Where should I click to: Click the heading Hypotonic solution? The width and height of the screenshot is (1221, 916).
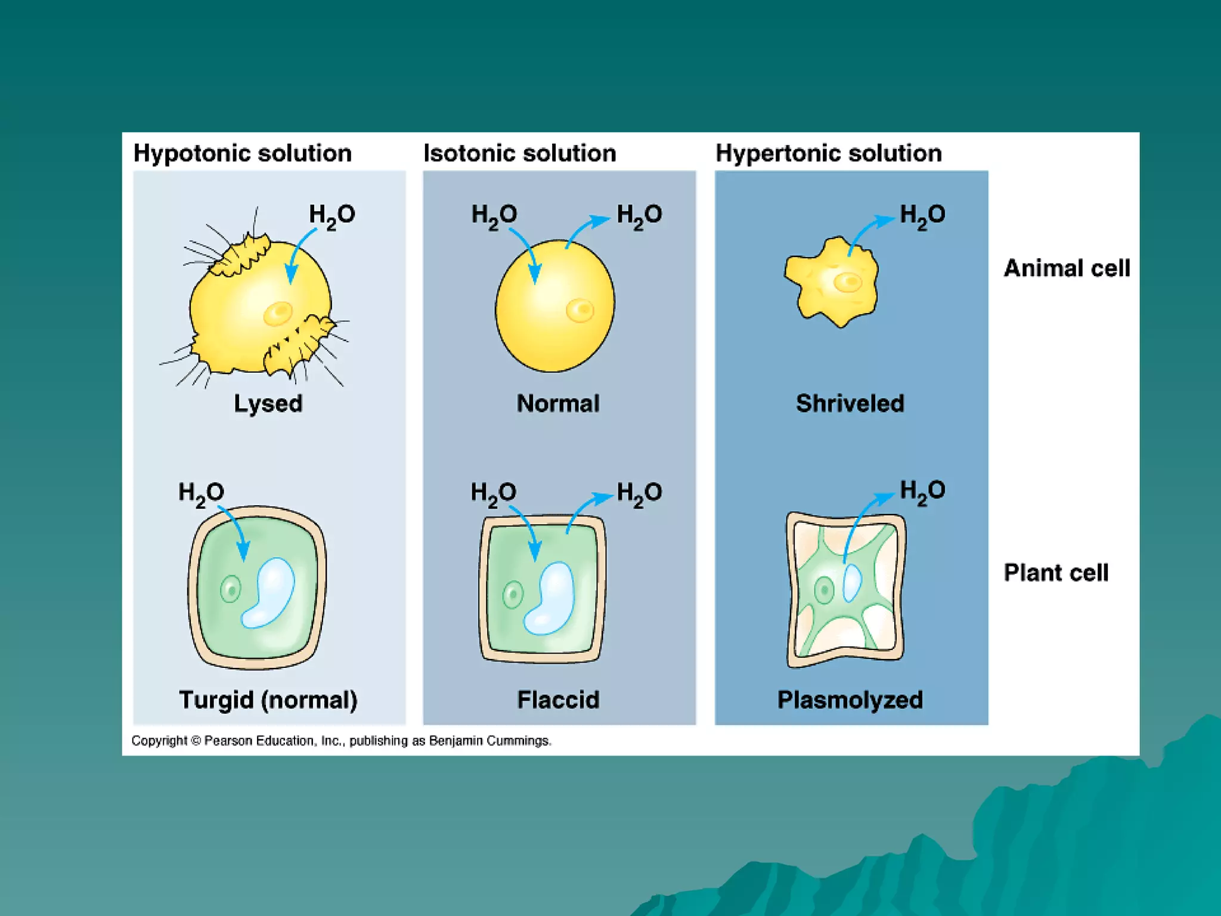(x=242, y=153)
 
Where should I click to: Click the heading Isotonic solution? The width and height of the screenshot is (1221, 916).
(x=519, y=153)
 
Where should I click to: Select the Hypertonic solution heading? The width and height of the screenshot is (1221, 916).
(x=828, y=153)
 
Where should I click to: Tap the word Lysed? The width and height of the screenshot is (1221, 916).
(x=268, y=404)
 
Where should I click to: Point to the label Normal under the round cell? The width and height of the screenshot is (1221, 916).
(x=557, y=404)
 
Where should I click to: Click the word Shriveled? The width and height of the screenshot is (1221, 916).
(x=850, y=404)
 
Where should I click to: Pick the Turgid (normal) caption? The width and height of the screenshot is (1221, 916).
(x=268, y=700)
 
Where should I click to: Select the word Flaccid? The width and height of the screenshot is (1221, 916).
(x=557, y=700)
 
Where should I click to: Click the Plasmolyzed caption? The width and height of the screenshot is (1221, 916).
(x=850, y=700)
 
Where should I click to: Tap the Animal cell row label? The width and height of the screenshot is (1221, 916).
(x=1067, y=268)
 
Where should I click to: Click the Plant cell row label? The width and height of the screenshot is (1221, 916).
(x=1056, y=572)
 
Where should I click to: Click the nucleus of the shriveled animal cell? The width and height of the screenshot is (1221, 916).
(x=847, y=282)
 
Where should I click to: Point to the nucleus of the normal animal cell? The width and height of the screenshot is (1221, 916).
(x=579, y=310)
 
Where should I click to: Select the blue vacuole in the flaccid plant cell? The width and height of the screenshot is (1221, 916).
(x=550, y=598)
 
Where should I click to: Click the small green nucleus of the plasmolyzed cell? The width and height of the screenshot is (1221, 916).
(x=825, y=590)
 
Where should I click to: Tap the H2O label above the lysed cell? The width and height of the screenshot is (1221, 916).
(x=331, y=215)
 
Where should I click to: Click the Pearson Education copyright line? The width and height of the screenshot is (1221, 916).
(x=341, y=741)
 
